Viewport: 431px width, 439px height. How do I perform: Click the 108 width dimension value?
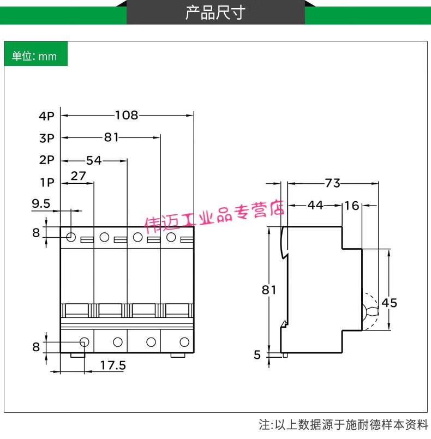coord(127,115)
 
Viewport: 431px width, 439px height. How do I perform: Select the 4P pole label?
coord(47,116)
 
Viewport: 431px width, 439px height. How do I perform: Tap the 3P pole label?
coord(47,138)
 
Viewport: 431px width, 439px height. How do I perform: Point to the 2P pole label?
coord(47,160)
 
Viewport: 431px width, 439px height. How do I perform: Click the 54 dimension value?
coord(94,160)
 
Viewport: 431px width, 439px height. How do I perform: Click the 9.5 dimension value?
coord(41,203)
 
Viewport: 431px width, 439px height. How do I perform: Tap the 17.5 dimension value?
coord(113,365)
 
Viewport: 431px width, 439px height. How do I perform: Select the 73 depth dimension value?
coord(332,183)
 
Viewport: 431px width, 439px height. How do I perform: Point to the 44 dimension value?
coord(315,205)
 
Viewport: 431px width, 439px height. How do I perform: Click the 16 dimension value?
coord(352,205)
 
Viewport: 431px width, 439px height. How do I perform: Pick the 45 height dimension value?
coord(390,302)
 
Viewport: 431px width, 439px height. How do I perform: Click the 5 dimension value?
coord(257,355)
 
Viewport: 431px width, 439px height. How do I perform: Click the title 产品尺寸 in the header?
coord(215,13)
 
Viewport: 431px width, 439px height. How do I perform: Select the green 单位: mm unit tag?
coord(34,56)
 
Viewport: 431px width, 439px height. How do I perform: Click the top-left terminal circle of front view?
coord(71,237)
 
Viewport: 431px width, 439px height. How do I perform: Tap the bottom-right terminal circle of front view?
coord(184,342)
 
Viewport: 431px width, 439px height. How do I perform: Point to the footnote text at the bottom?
coord(344,424)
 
